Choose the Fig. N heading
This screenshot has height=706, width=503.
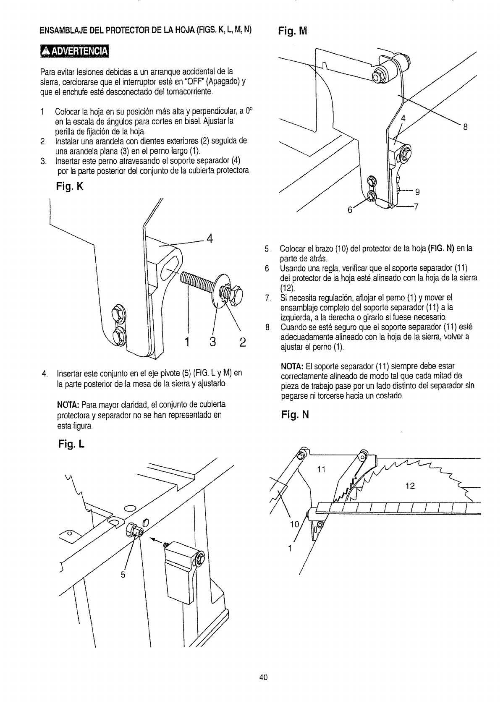(295, 415)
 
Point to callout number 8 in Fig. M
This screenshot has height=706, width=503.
(465, 127)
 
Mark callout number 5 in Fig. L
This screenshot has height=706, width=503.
(123, 575)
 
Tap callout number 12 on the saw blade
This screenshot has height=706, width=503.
(410, 486)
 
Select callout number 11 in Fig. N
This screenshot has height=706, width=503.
(321, 469)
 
